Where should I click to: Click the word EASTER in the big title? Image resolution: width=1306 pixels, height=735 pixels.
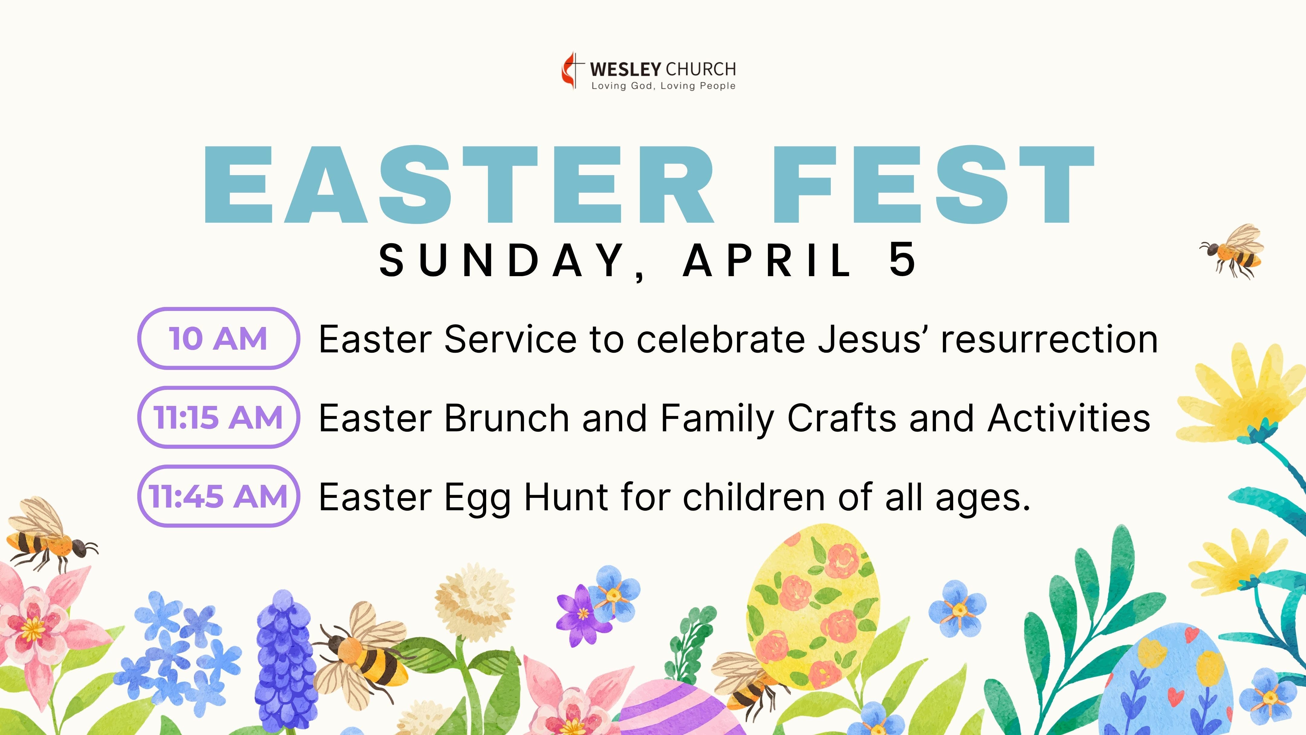point(459,185)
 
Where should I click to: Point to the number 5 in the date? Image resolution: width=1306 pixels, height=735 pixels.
point(902,260)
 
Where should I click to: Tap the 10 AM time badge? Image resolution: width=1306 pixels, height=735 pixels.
point(219,338)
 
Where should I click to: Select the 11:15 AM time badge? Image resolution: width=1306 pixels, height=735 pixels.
point(219,417)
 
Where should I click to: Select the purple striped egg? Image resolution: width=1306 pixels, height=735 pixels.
point(674,710)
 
